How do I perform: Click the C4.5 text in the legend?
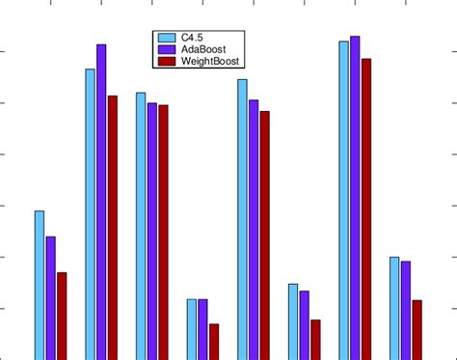point(191,37)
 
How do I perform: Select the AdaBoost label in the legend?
point(202,48)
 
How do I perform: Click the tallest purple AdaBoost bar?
point(355,193)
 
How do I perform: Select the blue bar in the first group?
point(40,285)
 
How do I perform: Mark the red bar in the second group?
point(113,227)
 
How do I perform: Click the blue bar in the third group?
point(141,225)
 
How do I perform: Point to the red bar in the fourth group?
point(214,341)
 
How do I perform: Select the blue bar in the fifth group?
point(242,218)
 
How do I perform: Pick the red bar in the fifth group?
point(264,235)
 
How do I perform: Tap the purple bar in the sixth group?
point(304,324)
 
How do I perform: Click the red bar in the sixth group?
point(315,339)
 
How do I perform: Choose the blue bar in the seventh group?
point(343,199)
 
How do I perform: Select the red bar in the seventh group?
point(365,208)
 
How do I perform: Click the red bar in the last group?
point(417,329)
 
